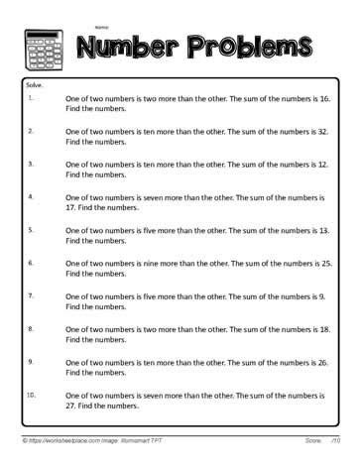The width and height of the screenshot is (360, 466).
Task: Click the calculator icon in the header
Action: coord(37,46)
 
